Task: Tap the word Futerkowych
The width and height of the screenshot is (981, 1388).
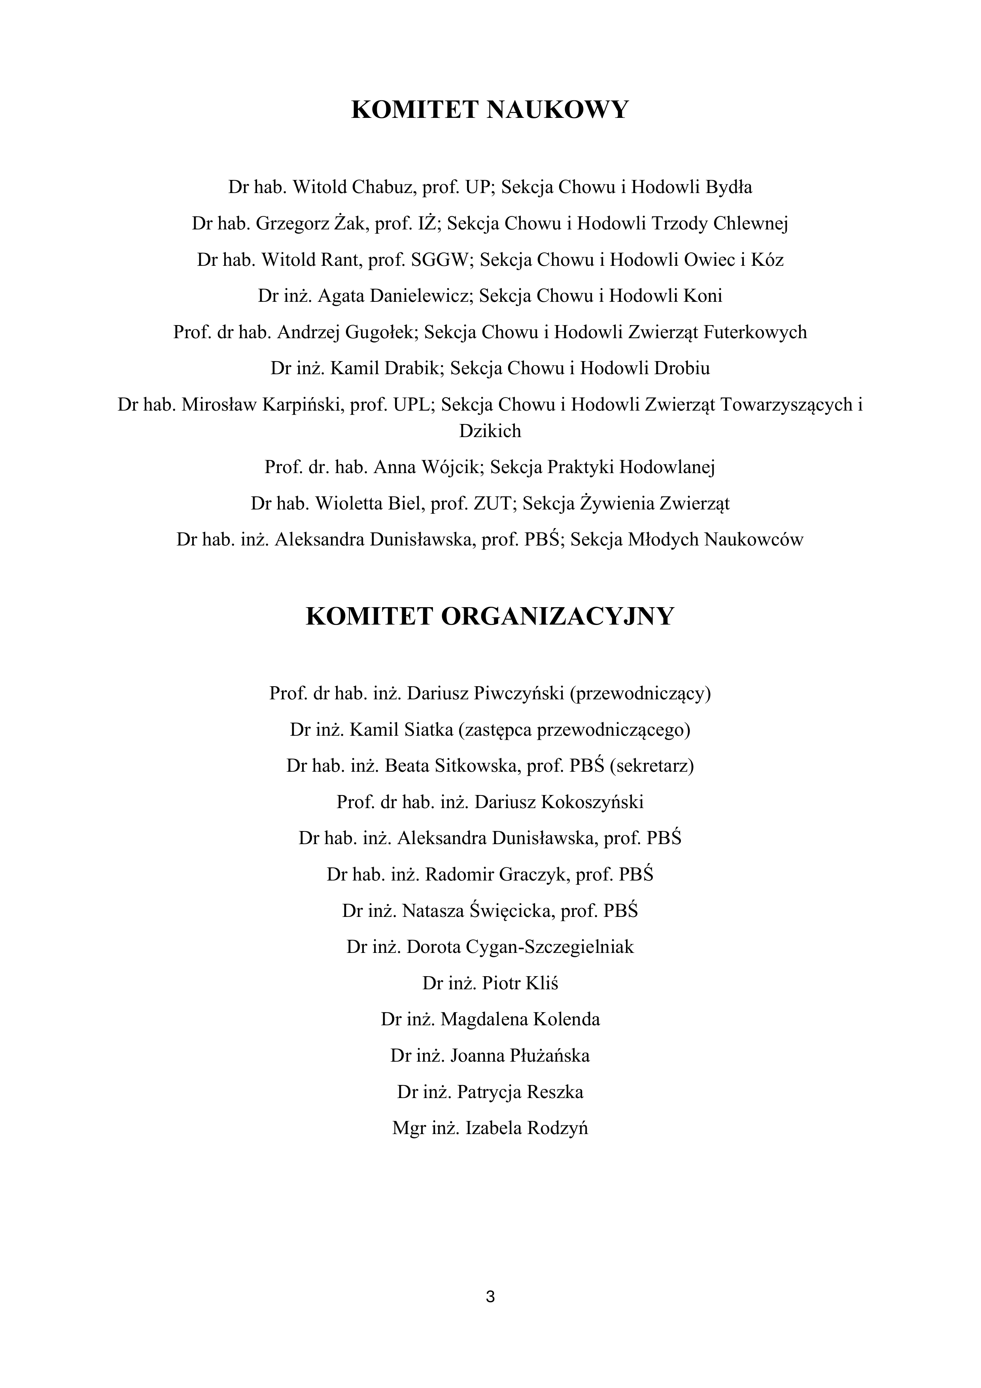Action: pyautogui.click(x=755, y=333)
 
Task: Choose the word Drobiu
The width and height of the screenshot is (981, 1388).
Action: pyautogui.click(x=682, y=369)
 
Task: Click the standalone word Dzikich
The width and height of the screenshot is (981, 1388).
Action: pyautogui.click(x=490, y=431)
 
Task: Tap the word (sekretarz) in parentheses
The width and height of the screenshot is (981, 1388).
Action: pyautogui.click(x=652, y=766)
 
